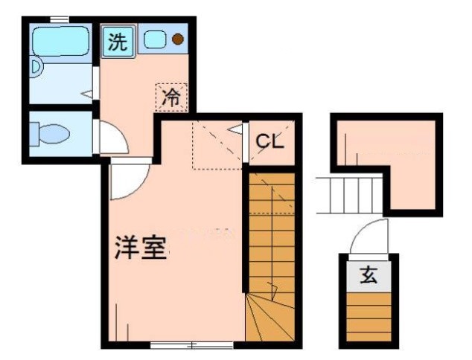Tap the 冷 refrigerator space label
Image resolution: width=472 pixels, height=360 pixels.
[172, 97]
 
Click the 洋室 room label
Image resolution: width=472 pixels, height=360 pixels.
[139, 248]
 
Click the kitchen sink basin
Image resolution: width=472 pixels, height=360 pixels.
[155, 40]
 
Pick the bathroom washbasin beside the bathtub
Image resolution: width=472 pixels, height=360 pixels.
[36, 70]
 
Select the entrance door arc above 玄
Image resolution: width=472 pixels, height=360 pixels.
[369, 237]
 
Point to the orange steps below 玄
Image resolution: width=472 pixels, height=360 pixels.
[369, 315]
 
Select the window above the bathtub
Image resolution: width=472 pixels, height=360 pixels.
[60, 19]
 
